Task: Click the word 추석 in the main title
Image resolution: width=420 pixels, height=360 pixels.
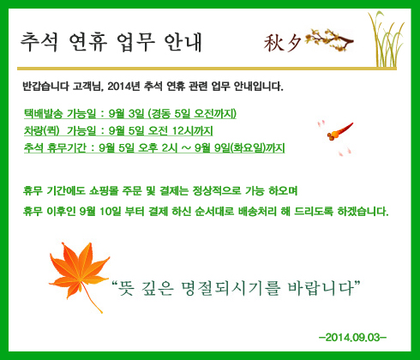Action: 39,42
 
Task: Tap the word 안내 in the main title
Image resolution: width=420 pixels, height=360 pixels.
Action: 183,42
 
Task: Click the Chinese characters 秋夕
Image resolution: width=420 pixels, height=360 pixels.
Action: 282,43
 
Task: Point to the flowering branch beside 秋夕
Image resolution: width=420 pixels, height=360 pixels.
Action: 329,39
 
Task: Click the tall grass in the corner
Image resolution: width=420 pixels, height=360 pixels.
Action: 387,40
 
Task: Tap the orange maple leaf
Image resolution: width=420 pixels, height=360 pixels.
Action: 79,274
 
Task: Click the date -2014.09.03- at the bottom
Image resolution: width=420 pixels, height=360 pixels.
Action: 353,338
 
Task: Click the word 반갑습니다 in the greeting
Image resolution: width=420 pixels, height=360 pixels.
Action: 45,86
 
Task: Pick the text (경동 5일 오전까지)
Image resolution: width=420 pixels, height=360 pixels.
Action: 192,114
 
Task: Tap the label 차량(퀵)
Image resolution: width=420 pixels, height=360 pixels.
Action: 42,131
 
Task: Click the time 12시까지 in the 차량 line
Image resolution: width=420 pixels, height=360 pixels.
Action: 193,131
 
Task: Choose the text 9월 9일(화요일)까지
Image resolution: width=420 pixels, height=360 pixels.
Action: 240,148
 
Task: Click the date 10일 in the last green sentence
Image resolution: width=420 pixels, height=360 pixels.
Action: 111,212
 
